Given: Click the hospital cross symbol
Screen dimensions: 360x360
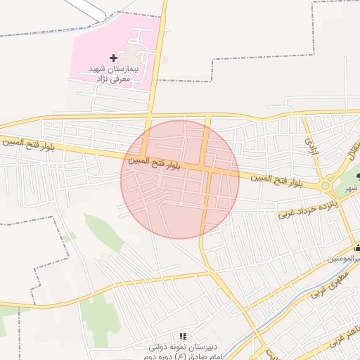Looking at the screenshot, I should click(x=114, y=57).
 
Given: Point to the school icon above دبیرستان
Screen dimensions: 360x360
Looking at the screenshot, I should click(x=183, y=337).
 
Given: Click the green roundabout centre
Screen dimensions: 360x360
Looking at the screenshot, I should click(x=326, y=186).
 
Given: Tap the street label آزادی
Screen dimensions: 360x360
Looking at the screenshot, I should click(x=308, y=146).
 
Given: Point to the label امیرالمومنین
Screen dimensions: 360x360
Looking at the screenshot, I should click(x=345, y=259).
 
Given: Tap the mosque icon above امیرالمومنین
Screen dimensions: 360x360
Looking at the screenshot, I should click(x=357, y=247).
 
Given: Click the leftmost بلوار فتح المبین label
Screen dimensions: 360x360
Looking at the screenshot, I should click(x=22, y=141).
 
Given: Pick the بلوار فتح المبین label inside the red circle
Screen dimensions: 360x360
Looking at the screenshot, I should click(x=154, y=162).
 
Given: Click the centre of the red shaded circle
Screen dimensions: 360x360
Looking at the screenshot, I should click(x=180, y=179).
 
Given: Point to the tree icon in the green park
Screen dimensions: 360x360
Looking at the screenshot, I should click(x=358, y=176).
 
